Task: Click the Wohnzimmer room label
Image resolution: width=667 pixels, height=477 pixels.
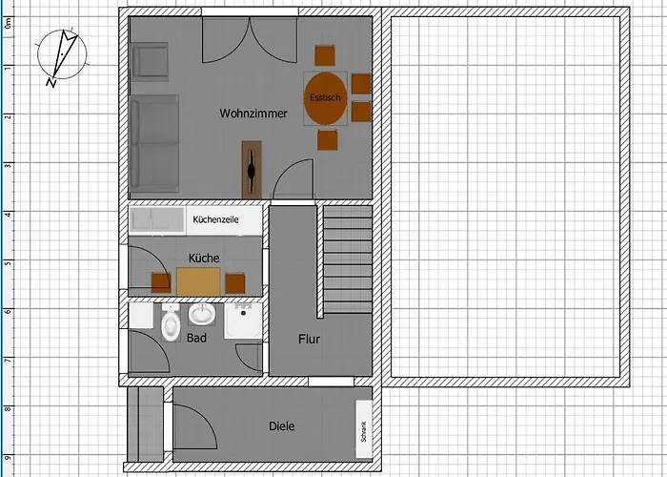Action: pyautogui.click(x=253, y=114)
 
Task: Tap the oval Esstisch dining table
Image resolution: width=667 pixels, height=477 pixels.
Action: pyautogui.click(x=326, y=98)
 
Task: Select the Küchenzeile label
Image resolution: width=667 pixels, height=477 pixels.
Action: pyautogui.click(x=215, y=219)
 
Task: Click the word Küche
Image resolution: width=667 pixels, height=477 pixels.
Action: pyautogui.click(x=204, y=259)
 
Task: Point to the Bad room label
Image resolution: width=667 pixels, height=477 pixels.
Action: pyautogui.click(x=196, y=338)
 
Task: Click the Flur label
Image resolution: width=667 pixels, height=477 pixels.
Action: pyautogui.click(x=310, y=340)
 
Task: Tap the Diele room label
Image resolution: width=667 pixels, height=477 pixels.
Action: pyautogui.click(x=282, y=426)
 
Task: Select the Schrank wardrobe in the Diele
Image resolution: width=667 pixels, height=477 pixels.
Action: pyautogui.click(x=364, y=429)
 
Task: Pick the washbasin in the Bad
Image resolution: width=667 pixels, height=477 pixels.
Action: pyautogui.click(x=202, y=314)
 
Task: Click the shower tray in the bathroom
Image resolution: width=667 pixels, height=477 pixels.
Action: pyautogui.click(x=243, y=321)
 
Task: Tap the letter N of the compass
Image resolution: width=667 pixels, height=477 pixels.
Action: pyautogui.click(x=51, y=82)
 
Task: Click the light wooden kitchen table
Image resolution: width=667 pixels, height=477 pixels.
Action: pyautogui.click(x=198, y=281)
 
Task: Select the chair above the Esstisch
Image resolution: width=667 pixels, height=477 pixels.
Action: pyautogui.click(x=325, y=55)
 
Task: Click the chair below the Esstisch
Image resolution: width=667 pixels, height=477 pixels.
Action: pyautogui.click(x=328, y=140)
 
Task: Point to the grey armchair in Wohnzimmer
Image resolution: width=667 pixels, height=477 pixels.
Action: pyautogui.click(x=150, y=62)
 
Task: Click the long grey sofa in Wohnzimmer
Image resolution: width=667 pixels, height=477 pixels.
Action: pyautogui.click(x=153, y=143)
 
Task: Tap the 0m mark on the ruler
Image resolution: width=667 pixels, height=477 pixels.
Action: pyautogui.click(x=8, y=23)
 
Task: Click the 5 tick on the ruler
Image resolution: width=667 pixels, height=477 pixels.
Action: pyautogui.click(x=8, y=262)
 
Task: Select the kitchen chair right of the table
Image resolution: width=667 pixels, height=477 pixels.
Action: pyautogui.click(x=235, y=283)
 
